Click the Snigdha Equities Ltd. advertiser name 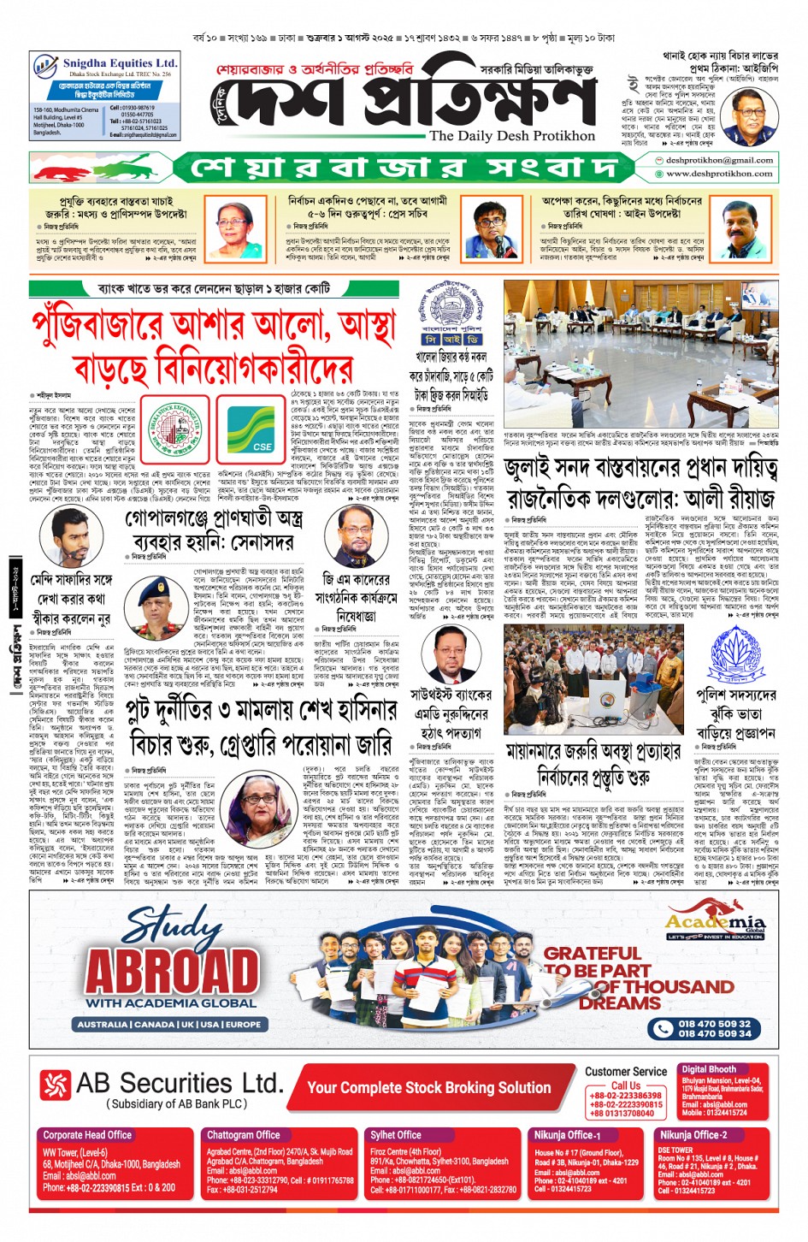click(119, 63)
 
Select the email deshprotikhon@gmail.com click(718, 160)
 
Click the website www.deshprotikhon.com click(719, 174)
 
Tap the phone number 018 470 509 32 click(714, 1023)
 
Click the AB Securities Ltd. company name click(179, 1083)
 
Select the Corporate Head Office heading click(87, 1135)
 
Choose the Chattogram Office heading click(243, 1135)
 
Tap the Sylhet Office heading click(395, 1135)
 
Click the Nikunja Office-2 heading click(693, 1135)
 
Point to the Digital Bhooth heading click(708, 1069)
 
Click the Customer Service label click(626, 1071)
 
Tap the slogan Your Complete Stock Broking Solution click(428, 1088)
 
